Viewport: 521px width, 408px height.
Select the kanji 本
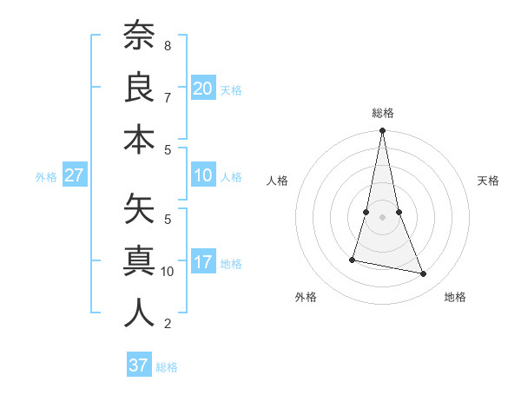(x=138, y=139)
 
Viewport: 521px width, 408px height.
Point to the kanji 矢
(x=138, y=209)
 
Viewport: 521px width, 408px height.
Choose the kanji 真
(x=138, y=261)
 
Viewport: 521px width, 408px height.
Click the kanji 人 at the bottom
(x=138, y=313)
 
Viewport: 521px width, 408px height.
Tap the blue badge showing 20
(x=203, y=89)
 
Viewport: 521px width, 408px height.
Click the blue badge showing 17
(x=203, y=263)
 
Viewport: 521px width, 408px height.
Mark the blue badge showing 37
(x=138, y=365)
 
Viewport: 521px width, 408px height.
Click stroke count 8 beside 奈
(x=168, y=45)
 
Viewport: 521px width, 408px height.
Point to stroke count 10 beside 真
(x=168, y=272)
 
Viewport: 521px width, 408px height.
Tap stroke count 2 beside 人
(x=168, y=324)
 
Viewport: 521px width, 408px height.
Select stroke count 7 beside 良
(x=168, y=97)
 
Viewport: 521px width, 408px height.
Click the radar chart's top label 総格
(x=382, y=113)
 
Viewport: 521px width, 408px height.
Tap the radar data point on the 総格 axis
(x=382, y=131)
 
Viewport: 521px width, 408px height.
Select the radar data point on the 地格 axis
(x=424, y=274)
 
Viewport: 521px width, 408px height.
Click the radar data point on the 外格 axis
(x=353, y=260)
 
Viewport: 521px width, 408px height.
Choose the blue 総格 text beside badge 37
(x=167, y=367)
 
